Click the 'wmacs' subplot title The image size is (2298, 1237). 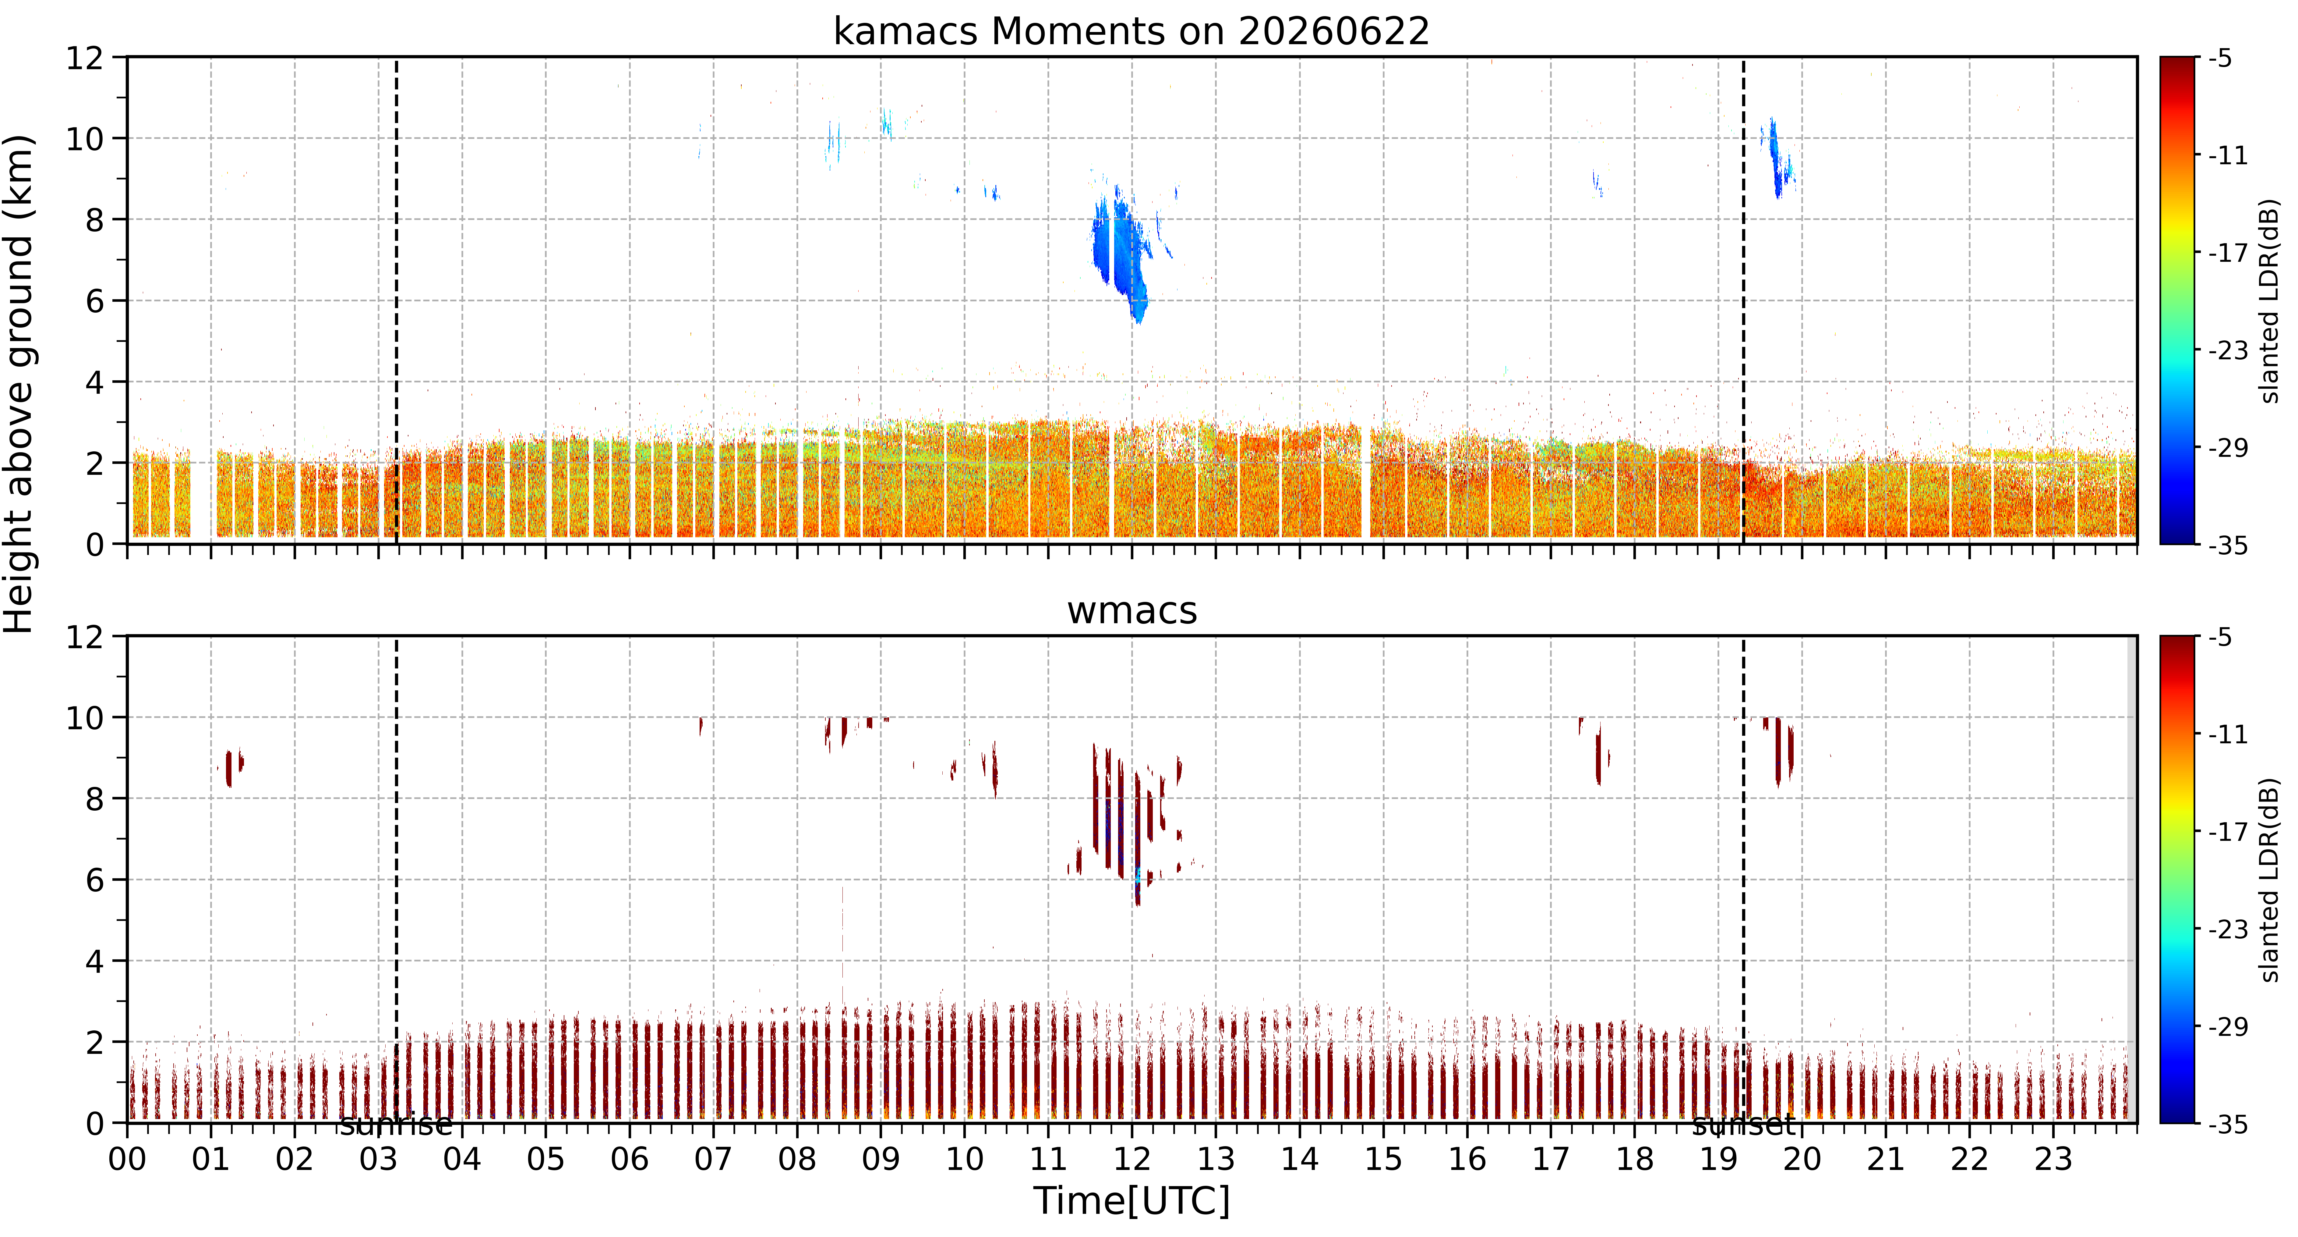tap(1132, 611)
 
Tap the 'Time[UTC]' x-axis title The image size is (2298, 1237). tap(1131, 1201)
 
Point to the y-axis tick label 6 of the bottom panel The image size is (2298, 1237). tap(94, 880)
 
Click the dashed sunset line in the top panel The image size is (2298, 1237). tap(1743, 300)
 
